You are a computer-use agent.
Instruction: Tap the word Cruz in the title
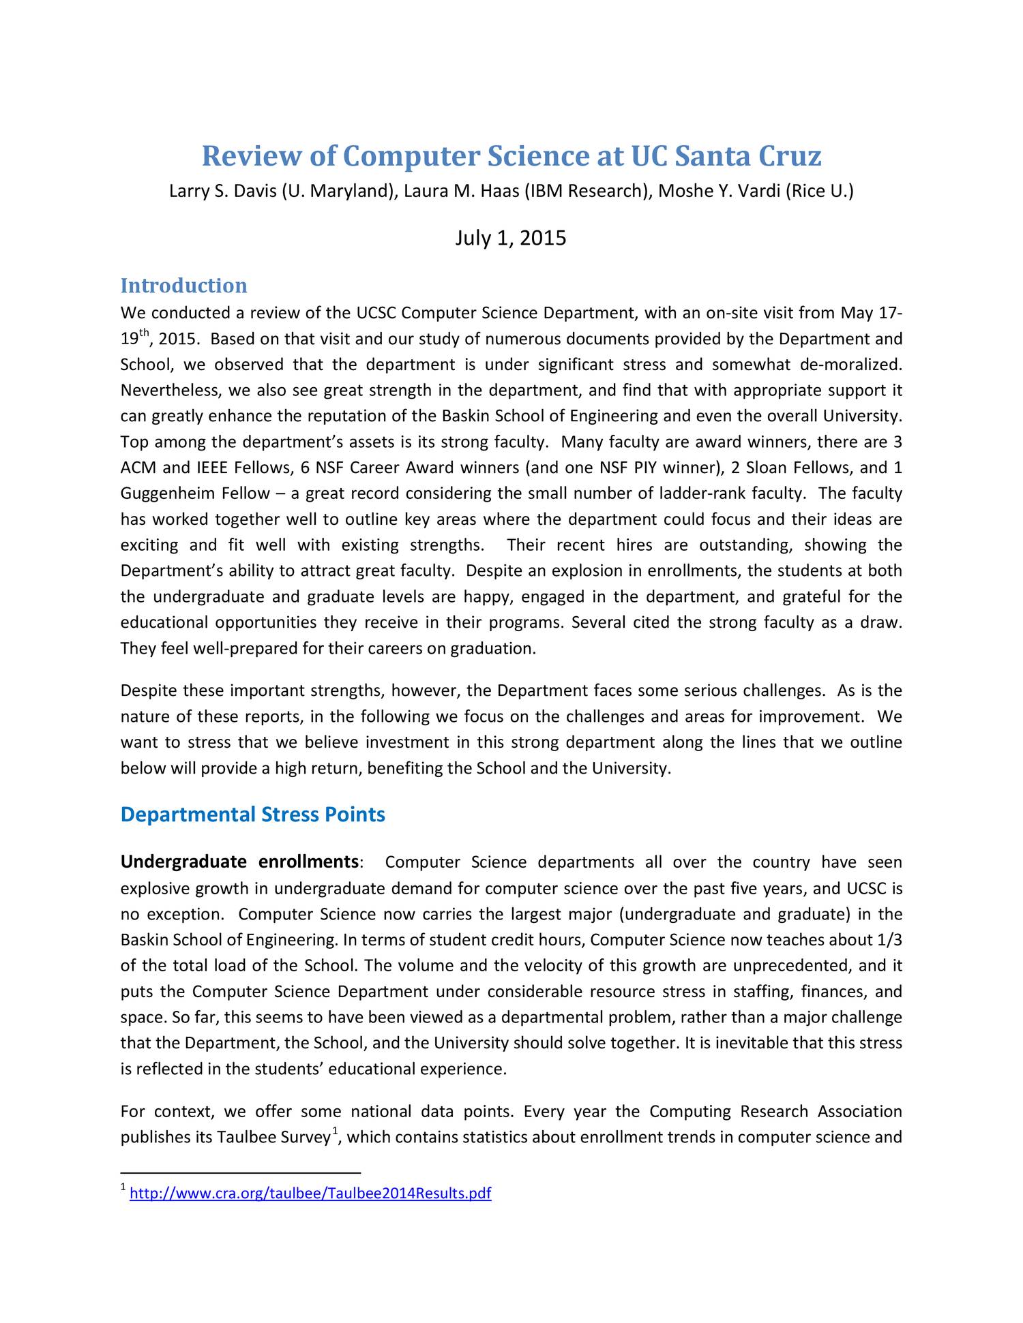tap(790, 156)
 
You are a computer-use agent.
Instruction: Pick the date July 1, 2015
tap(511, 238)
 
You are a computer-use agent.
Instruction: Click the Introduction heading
tap(183, 285)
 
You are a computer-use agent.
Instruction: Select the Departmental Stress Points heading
tap(252, 815)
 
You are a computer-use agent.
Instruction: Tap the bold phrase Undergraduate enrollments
tap(239, 862)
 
